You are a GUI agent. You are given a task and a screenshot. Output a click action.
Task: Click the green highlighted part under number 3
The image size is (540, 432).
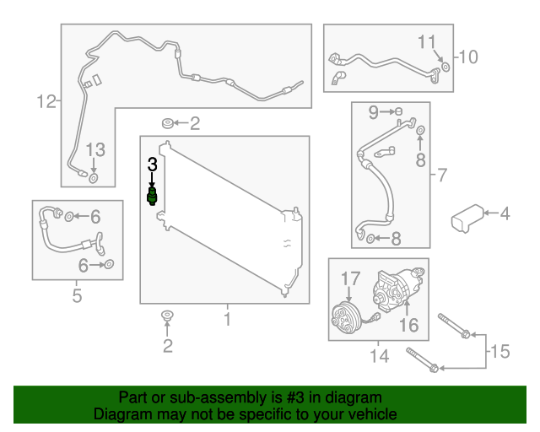[x=152, y=197]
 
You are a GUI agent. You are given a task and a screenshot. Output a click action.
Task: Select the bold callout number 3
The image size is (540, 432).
[x=152, y=165]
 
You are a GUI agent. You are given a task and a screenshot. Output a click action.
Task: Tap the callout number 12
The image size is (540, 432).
[x=46, y=101]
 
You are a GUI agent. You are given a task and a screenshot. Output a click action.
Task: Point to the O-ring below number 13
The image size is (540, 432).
[x=94, y=178]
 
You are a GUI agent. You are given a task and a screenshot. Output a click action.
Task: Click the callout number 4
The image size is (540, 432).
[x=505, y=213]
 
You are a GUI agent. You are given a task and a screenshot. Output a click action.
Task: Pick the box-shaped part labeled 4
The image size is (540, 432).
[x=467, y=218]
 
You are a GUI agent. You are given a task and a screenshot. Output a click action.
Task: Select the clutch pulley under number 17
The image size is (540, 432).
[x=346, y=317]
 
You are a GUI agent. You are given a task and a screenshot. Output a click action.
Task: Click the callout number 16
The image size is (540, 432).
[x=408, y=325]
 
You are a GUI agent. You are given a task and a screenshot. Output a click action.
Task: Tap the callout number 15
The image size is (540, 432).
[x=499, y=351]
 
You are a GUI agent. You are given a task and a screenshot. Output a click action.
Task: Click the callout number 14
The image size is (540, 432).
[x=379, y=356]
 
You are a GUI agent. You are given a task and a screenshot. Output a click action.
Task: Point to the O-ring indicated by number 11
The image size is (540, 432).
[x=445, y=67]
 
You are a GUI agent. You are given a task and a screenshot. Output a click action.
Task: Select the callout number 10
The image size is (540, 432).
[x=468, y=57]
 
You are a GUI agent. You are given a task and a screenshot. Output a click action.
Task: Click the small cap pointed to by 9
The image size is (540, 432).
[x=398, y=111]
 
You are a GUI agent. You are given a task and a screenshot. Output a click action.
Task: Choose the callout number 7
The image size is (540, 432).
[x=442, y=175]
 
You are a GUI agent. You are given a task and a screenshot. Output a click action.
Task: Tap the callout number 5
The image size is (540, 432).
[x=77, y=296]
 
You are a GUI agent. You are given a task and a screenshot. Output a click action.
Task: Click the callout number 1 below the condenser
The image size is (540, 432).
[x=227, y=319]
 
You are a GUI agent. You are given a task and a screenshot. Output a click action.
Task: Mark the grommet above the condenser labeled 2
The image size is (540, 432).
[x=168, y=123]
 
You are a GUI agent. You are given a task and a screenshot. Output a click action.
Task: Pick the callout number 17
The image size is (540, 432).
[x=351, y=278]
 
